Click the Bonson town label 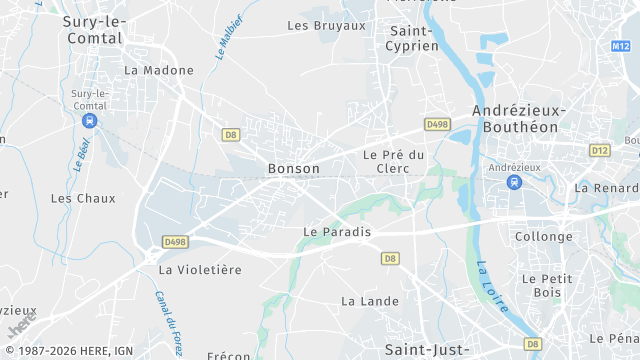[294, 169]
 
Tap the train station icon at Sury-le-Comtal [90, 120]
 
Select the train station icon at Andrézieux [514, 182]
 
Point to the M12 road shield [622, 46]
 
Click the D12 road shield [600, 150]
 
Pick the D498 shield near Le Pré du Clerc [437, 124]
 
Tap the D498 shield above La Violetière [176, 242]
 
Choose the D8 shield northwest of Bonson [231, 134]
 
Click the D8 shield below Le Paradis [390, 258]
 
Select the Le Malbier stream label [229, 38]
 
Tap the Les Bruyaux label [327, 25]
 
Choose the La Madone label [149, 70]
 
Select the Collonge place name [543, 237]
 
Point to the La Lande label [363, 300]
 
